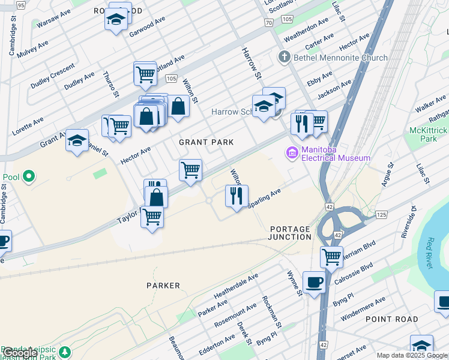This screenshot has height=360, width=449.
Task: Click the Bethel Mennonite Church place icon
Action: [284, 58]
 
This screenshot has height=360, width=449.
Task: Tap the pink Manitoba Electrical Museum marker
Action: [292, 153]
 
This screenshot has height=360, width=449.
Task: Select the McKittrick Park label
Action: [429, 133]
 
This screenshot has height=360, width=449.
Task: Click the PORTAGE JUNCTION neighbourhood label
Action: [291, 233]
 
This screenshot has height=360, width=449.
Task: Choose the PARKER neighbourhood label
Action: [163, 286]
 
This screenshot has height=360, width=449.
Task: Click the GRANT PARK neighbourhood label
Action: [206, 142]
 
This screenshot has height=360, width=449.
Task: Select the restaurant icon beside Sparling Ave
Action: [237, 196]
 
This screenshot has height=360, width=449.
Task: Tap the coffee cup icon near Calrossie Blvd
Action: [314, 281]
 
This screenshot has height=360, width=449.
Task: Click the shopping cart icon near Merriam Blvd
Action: [331, 257]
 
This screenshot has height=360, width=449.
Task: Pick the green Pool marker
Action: [28, 177]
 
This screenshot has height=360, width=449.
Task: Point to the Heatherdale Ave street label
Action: [236, 286]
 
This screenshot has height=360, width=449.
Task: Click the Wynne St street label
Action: [294, 283]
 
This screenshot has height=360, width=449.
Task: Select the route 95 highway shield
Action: [22, 5]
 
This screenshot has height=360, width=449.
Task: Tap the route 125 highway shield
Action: [381, 214]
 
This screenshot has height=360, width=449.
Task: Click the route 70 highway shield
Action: [268, 22]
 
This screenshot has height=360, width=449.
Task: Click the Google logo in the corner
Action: [20, 353]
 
